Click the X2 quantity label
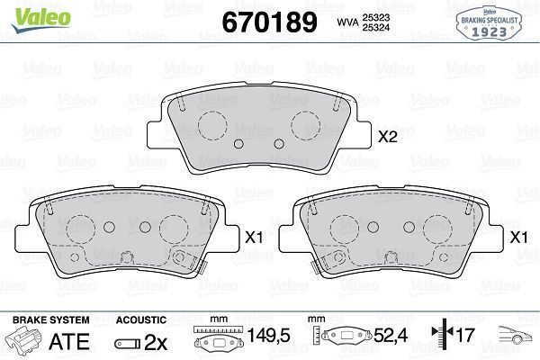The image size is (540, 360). tap(388, 138)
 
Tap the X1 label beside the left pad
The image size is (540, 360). tap(253, 238)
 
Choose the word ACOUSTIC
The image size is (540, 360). tap(141, 319)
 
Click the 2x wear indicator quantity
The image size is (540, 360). tap(156, 342)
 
